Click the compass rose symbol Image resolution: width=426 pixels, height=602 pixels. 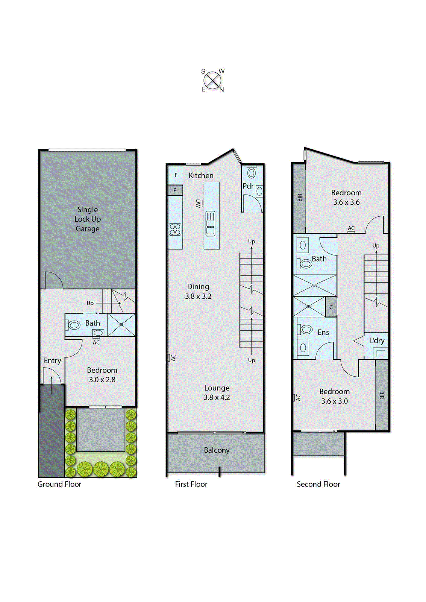[213, 81]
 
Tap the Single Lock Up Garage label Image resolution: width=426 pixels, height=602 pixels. [88, 219]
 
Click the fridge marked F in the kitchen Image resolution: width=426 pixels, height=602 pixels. [176, 175]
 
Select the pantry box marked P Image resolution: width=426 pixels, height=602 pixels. [175, 190]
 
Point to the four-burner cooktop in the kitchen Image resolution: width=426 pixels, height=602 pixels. [175, 229]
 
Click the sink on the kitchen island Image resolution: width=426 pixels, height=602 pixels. [211, 223]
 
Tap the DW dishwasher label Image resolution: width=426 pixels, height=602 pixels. [198, 204]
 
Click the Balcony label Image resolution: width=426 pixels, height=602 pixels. [217, 450]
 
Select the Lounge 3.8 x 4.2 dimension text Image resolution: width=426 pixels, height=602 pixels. [217, 398]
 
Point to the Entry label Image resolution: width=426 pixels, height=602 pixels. [52, 360]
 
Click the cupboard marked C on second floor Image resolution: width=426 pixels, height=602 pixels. [331, 307]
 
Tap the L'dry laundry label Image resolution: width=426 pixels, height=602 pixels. [377, 341]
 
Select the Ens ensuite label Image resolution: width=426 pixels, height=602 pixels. [323, 333]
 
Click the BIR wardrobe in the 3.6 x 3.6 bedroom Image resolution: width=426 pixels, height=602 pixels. [299, 198]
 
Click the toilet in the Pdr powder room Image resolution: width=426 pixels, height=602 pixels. [251, 173]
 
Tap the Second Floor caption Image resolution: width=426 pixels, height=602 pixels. [318, 484]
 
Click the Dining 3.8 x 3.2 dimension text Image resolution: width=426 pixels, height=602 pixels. [198, 296]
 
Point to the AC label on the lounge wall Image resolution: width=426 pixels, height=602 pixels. [173, 358]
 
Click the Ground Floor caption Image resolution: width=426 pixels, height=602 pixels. [59, 484]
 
